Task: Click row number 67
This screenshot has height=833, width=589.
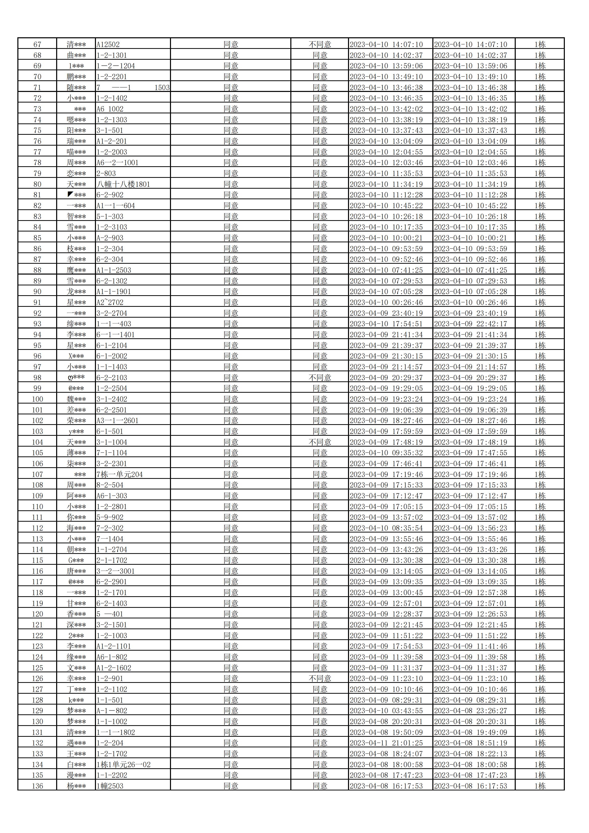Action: [x=37, y=45]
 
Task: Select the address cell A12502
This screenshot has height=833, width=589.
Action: [x=108, y=45]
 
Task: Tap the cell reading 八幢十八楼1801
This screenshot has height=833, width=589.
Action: [x=123, y=184]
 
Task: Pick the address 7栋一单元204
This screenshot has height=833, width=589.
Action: [x=120, y=475]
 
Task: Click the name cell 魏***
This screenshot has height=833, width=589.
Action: [x=76, y=399]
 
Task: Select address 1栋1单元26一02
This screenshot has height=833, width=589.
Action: [x=123, y=764]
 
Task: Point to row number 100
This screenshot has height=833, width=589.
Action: [x=37, y=399]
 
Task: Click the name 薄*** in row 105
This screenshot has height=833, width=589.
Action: [x=76, y=453]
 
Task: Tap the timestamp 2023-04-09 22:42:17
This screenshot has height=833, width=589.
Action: [x=470, y=324]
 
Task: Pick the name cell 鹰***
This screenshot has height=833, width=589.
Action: [x=76, y=270]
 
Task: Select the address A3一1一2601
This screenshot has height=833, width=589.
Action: [x=118, y=421]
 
